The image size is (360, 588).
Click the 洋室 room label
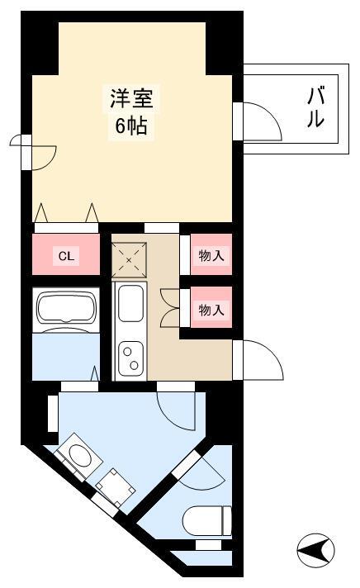click(x=131, y=99)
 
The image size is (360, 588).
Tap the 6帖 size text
click(x=131, y=126)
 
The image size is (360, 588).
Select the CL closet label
click(x=66, y=257)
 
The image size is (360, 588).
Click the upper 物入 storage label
click(x=211, y=256)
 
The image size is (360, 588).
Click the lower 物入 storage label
click(x=211, y=310)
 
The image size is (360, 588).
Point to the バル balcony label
click(x=316, y=107)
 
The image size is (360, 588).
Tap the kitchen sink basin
click(x=130, y=303)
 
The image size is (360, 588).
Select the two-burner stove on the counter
click(x=130, y=359)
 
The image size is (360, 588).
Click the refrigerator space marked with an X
click(x=129, y=260)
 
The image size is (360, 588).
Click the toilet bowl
click(x=207, y=520)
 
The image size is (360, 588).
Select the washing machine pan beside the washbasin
click(x=116, y=487)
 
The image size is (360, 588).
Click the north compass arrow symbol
click(x=315, y=551)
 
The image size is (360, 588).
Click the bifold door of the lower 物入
click(x=170, y=308)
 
